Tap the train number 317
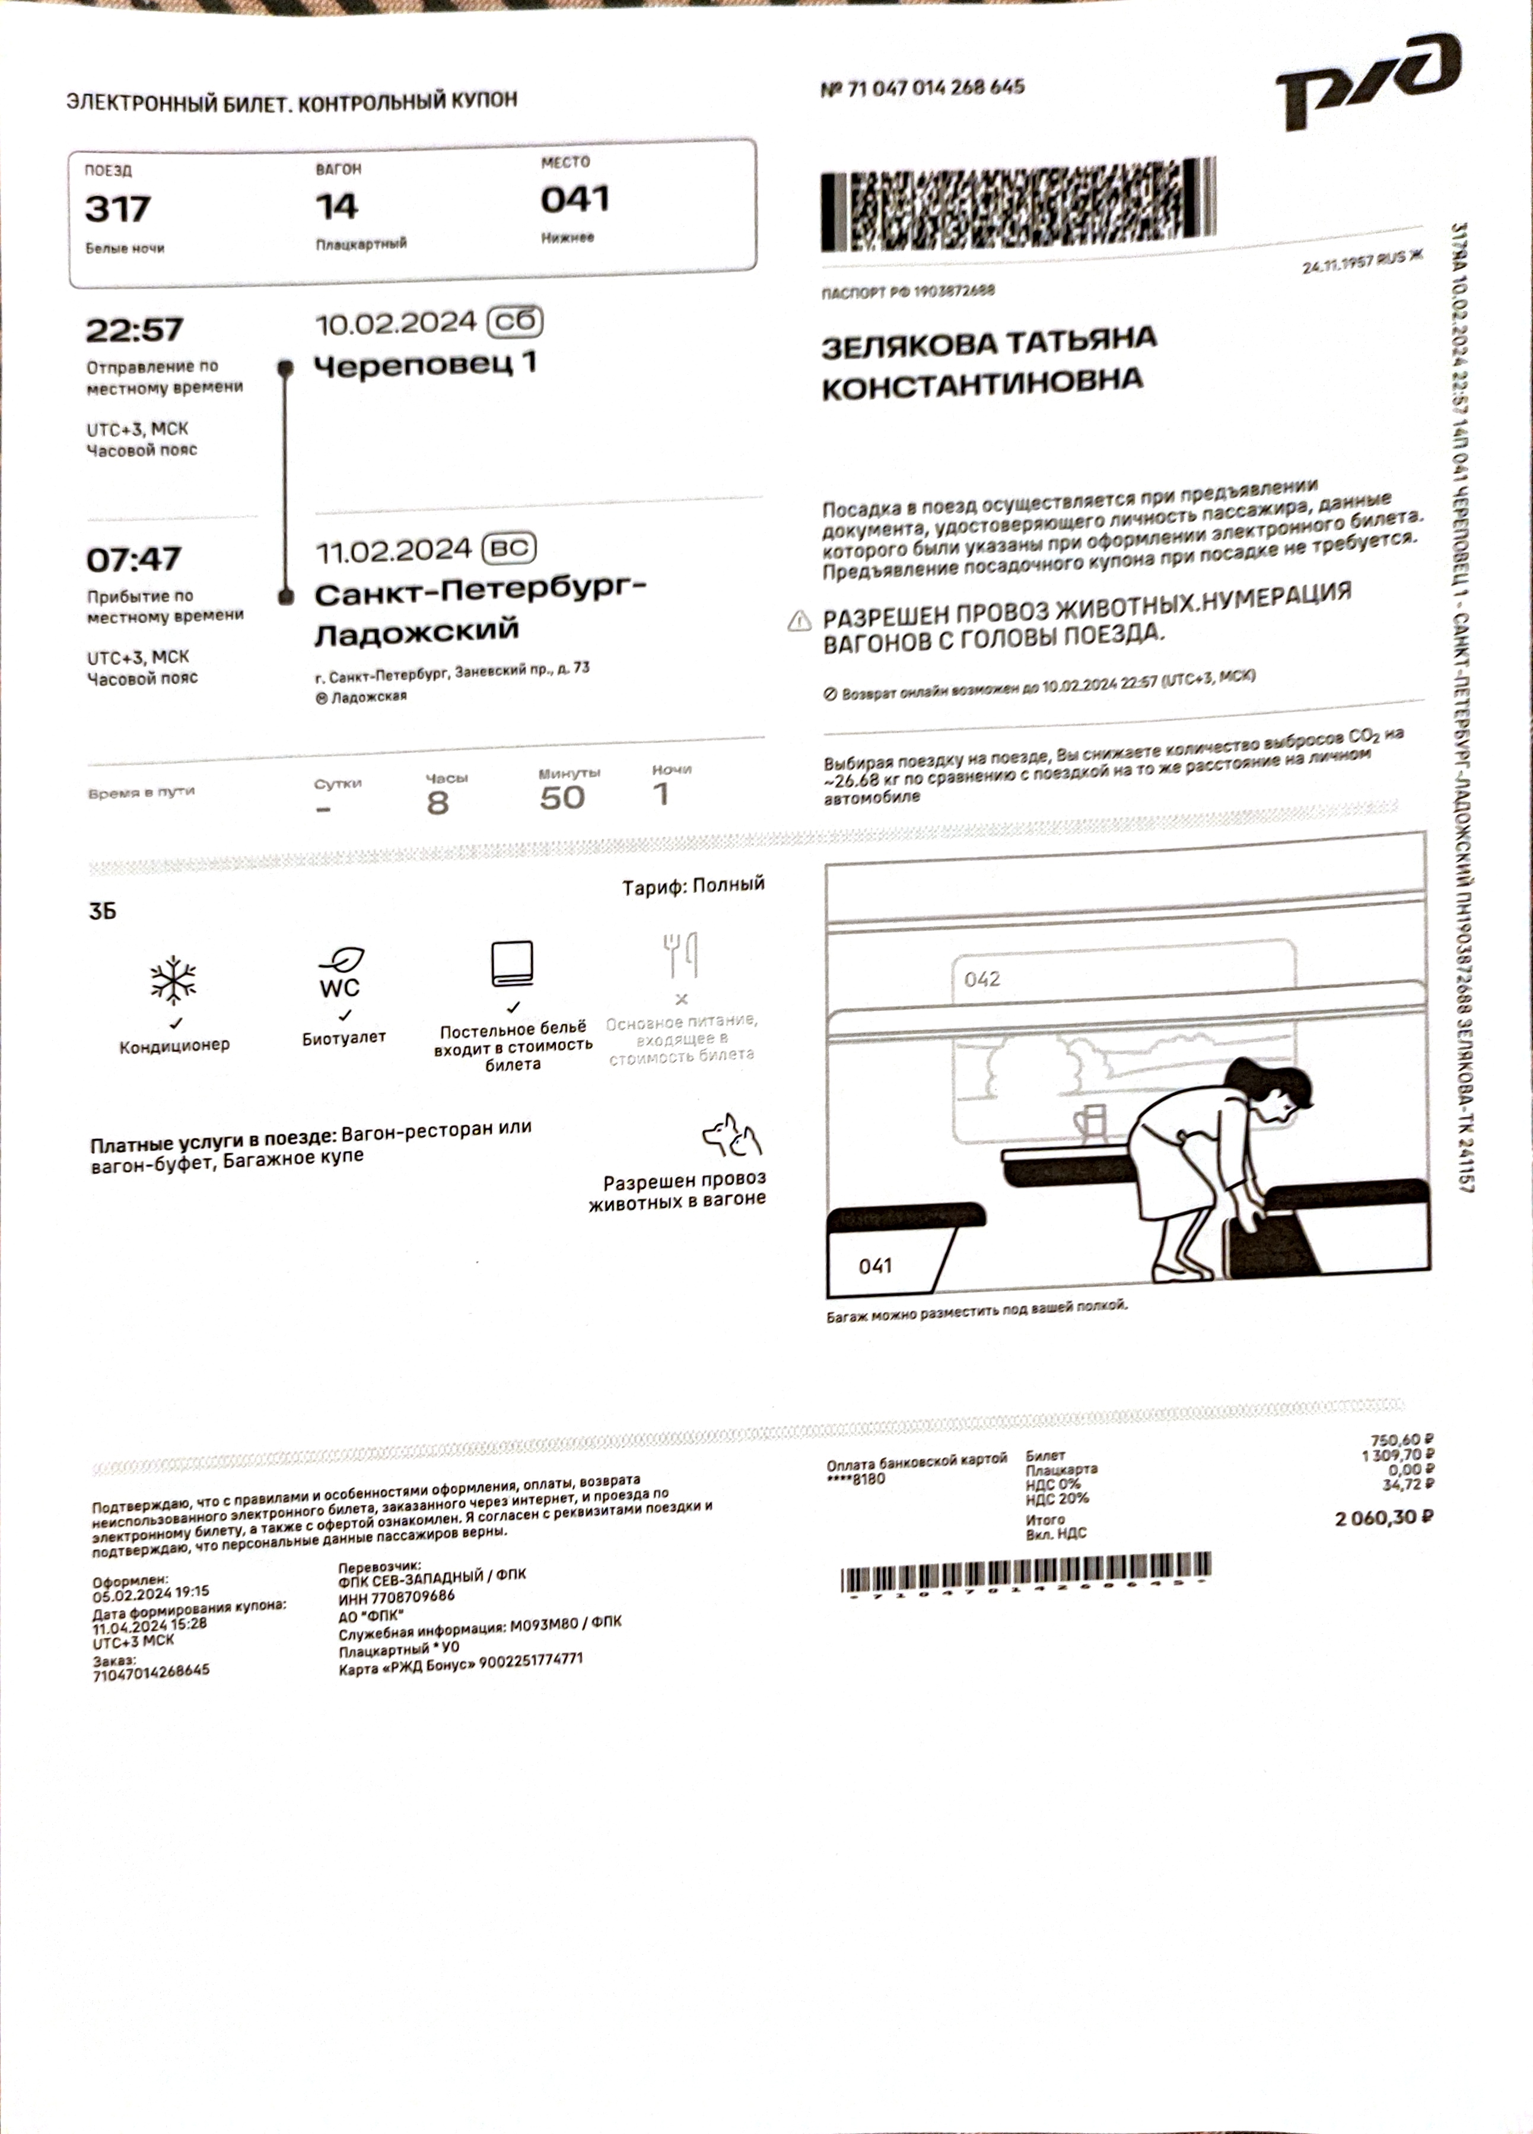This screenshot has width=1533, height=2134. tap(117, 209)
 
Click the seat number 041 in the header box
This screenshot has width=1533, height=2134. tap(575, 199)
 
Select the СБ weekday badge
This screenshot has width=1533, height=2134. tap(515, 322)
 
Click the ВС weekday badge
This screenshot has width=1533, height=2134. tap(509, 548)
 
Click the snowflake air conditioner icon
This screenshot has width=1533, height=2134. tap(174, 981)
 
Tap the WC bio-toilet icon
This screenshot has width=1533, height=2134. tap(341, 974)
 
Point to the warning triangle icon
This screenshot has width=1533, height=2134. tap(799, 621)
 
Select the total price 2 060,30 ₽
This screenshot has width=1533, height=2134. tap(1383, 1518)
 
